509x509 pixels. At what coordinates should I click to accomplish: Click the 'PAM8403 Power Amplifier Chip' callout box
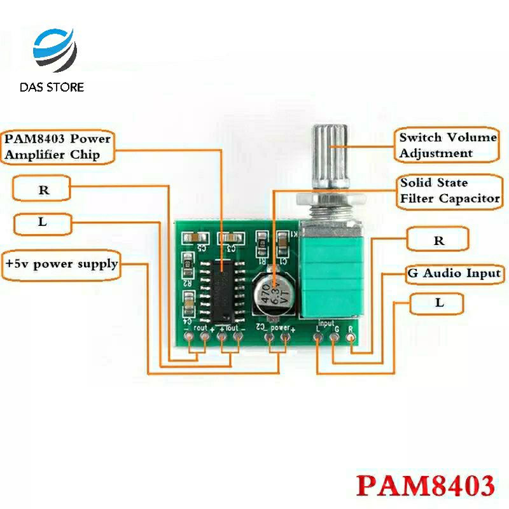pyautogui.click(x=58, y=146)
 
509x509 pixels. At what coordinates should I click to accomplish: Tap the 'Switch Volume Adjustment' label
pyautogui.click(x=447, y=145)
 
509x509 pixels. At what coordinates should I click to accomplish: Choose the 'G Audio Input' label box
pyautogui.click(x=454, y=274)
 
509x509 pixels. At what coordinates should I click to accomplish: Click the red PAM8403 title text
pyautogui.click(x=425, y=485)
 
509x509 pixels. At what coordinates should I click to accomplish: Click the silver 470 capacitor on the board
pyautogui.click(x=274, y=292)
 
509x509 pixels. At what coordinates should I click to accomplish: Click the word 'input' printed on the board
pyautogui.click(x=325, y=323)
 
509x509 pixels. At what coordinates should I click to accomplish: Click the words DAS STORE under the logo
pyautogui.click(x=52, y=87)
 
